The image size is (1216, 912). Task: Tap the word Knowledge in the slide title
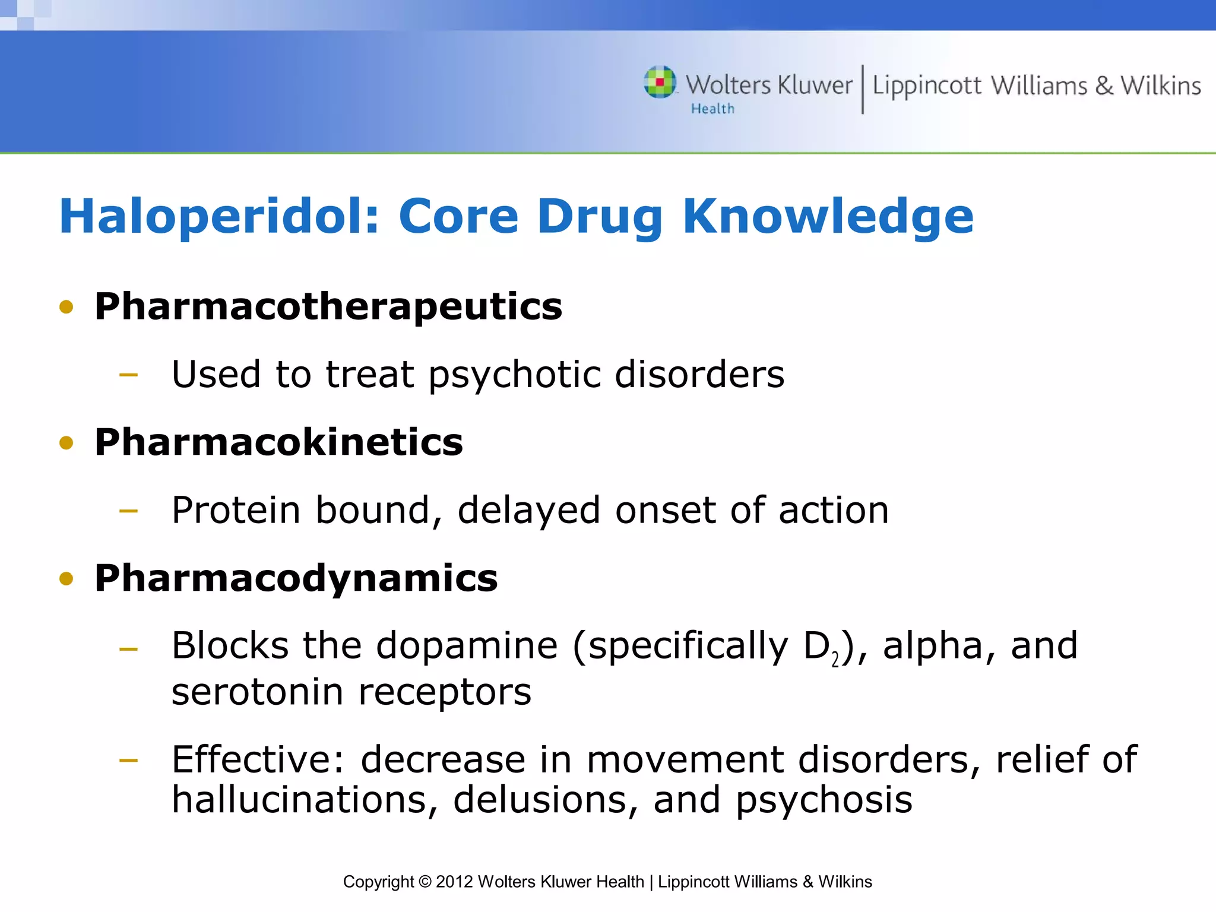828,217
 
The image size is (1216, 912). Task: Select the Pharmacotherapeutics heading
328,307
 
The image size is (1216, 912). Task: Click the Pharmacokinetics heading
278,442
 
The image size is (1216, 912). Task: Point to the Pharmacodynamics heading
296,578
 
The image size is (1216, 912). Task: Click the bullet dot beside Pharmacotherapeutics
66,308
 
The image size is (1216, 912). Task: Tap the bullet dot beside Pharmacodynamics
66,579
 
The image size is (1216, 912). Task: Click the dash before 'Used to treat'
128,375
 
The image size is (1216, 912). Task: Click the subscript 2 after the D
835,660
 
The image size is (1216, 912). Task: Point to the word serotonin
257,692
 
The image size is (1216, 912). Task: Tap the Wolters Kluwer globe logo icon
660,83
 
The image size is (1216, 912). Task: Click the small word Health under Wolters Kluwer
712,109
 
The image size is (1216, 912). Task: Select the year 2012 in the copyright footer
454,882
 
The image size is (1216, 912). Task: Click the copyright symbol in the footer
425,882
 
